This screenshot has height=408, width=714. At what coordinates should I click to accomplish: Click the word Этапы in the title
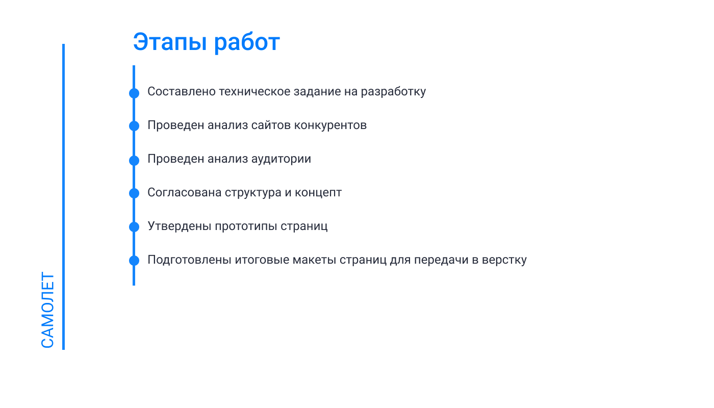coord(170,42)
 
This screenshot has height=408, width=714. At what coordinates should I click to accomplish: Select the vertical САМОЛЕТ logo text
coord(47,310)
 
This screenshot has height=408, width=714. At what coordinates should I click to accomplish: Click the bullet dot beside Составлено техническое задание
coord(134,93)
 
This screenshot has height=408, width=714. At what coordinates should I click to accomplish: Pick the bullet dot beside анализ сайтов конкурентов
coord(134,126)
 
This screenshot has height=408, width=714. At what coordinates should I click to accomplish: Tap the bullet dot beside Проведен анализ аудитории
coord(134,160)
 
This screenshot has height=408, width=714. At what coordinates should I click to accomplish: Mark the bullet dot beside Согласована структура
coord(134,193)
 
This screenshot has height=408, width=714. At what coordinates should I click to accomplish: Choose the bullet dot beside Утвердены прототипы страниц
coord(134,226)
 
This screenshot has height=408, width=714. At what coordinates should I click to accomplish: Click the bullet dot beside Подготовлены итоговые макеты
coord(134,261)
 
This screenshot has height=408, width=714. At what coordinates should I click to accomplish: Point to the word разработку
coord(393,92)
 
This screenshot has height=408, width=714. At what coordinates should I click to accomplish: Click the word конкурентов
coord(330,125)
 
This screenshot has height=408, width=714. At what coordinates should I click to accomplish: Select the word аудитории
coord(281,159)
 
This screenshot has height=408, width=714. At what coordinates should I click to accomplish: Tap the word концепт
coord(318,193)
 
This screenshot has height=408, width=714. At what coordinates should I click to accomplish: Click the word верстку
coord(504,260)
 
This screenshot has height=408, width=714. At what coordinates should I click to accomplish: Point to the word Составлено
coord(182,92)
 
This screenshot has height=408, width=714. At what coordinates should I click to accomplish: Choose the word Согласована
coord(184,193)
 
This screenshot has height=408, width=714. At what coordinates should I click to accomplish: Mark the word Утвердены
coord(180,226)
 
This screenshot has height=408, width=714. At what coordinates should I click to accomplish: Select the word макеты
coord(314,260)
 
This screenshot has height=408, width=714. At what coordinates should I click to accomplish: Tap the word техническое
coord(254,92)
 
